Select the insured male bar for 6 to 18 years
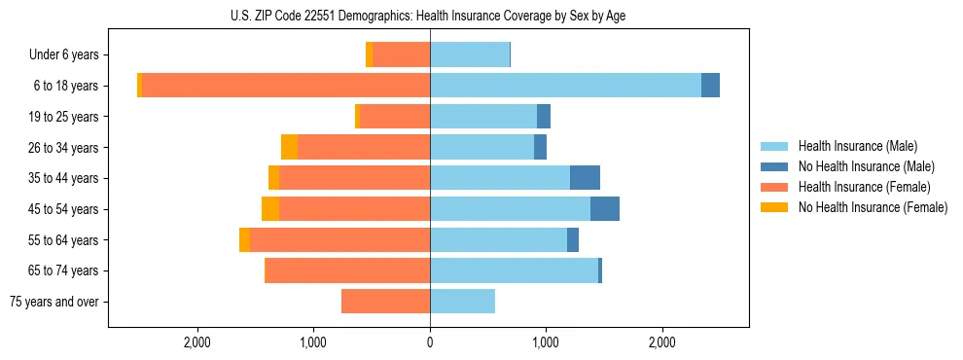point(565,86)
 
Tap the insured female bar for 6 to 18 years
point(286,86)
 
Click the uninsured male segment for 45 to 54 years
point(604,209)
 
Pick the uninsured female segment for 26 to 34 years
point(289,147)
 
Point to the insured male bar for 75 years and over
point(462,302)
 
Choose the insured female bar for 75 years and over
point(385,302)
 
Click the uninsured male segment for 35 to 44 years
point(585,178)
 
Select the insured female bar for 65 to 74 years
point(347,270)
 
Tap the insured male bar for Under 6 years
point(470,54)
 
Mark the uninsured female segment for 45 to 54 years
point(270,209)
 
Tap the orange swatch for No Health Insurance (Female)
point(774,207)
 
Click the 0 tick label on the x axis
point(430,342)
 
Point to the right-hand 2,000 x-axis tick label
point(661,342)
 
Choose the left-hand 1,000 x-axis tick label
point(313,342)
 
